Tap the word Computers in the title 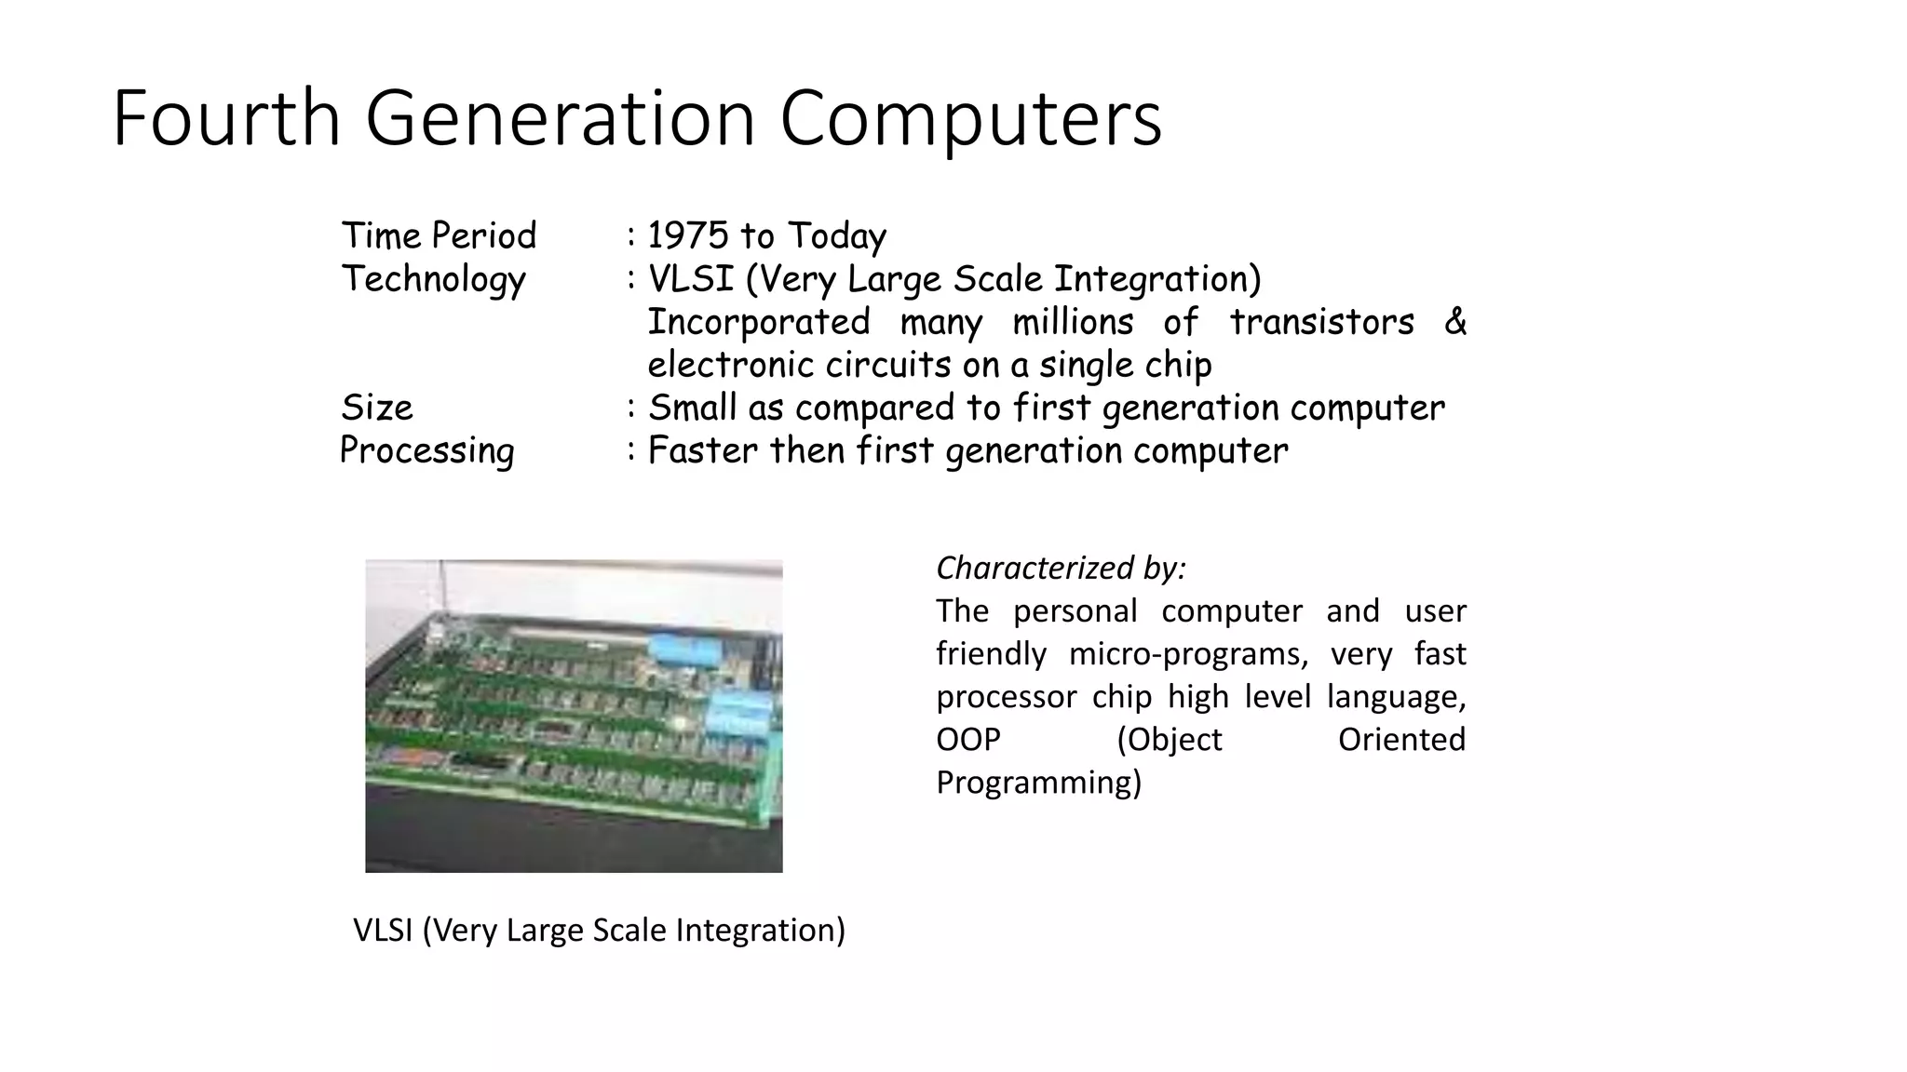tap(970, 118)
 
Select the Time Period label tap(439, 235)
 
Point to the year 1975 tap(688, 235)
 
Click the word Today tap(836, 236)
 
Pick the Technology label tap(433, 279)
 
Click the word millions tap(1073, 322)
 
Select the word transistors tap(1321, 322)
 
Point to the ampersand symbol tap(1454, 322)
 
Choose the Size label tap(376, 408)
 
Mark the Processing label tap(426, 450)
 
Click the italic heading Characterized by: tap(1061, 568)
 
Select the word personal tap(1075, 611)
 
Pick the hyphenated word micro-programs tap(1188, 654)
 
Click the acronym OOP tap(967, 740)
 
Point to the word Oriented tap(1401, 740)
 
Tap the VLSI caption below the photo tap(599, 930)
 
